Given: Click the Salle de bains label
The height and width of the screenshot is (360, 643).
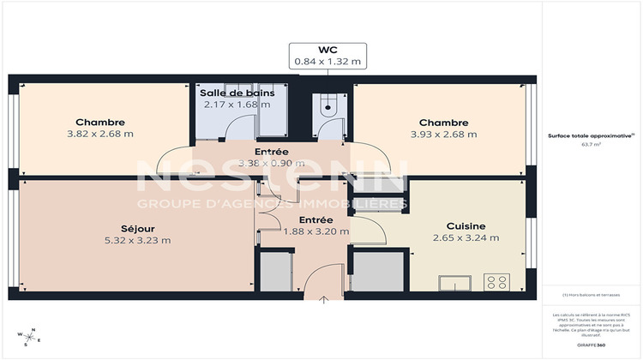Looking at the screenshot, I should [x=236, y=92].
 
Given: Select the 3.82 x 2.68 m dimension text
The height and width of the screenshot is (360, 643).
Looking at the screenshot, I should [x=99, y=134].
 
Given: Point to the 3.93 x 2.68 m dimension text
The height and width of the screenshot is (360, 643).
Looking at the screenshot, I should [x=443, y=134].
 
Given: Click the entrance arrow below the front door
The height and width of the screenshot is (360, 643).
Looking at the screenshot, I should [x=324, y=299].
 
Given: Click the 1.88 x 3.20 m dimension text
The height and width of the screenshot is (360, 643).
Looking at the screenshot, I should [x=316, y=231].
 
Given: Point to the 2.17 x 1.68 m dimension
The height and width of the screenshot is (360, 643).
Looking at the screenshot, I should [x=236, y=104].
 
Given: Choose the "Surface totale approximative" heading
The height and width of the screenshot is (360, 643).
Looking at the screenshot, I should [x=591, y=135].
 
